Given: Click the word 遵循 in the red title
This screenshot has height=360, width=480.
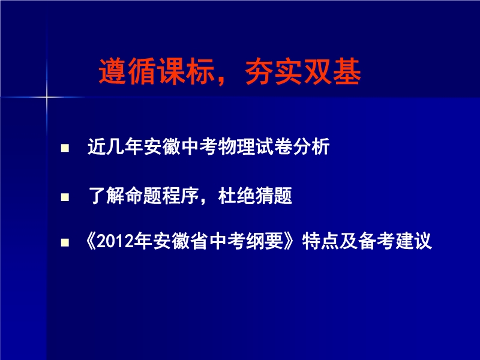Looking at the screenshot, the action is (128, 71).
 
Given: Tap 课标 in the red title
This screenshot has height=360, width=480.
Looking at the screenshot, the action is (186, 71).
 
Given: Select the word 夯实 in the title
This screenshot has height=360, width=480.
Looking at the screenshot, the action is (274, 71).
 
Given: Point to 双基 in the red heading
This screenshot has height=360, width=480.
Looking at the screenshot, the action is (332, 71).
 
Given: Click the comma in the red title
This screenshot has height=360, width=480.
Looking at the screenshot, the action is (221, 80).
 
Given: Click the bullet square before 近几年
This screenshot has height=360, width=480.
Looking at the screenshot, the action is (65, 148).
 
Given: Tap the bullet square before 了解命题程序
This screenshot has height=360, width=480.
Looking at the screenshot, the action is (65, 197).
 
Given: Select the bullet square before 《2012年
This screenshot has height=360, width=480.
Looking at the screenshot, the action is (65, 243).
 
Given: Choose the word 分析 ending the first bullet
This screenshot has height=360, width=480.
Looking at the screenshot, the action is (311, 146).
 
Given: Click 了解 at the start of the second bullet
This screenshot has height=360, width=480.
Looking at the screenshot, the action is (106, 196).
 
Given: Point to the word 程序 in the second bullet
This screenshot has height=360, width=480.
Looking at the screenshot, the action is (181, 196).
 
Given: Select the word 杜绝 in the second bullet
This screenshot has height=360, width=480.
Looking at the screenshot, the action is (236, 196).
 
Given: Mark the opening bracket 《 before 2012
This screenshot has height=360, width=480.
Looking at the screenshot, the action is (91, 241).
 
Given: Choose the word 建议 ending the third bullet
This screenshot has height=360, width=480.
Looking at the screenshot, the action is (413, 241).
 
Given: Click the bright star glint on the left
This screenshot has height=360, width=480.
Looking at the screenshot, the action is (47, 97).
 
